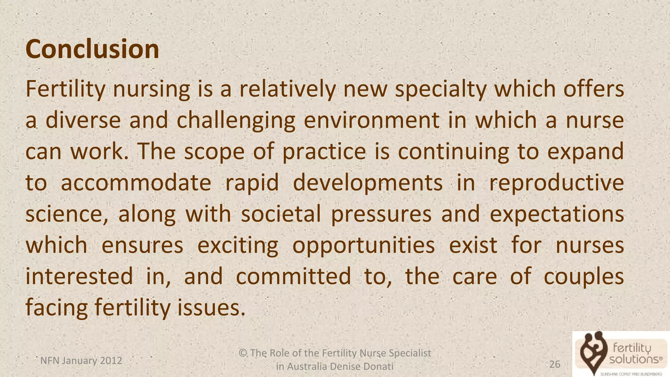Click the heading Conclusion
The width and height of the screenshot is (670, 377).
(x=92, y=49)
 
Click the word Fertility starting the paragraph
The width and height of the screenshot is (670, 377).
(x=65, y=89)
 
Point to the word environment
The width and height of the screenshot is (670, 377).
(x=372, y=120)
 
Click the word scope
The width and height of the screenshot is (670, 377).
(x=214, y=152)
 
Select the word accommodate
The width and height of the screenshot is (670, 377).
(x=136, y=183)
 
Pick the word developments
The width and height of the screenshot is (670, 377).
(x=367, y=183)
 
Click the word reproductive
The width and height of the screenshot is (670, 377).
(x=556, y=183)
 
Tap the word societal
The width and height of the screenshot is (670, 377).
(x=281, y=214)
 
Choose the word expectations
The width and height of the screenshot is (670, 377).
(x=556, y=214)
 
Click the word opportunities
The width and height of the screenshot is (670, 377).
(x=363, y=245)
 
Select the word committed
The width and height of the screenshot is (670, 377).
(x=293, y=277)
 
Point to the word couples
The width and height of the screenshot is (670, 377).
(x=584, y=277)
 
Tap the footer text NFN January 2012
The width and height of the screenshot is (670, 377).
(x=81, y=361)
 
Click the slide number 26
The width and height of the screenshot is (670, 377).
(x=555, y=364)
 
